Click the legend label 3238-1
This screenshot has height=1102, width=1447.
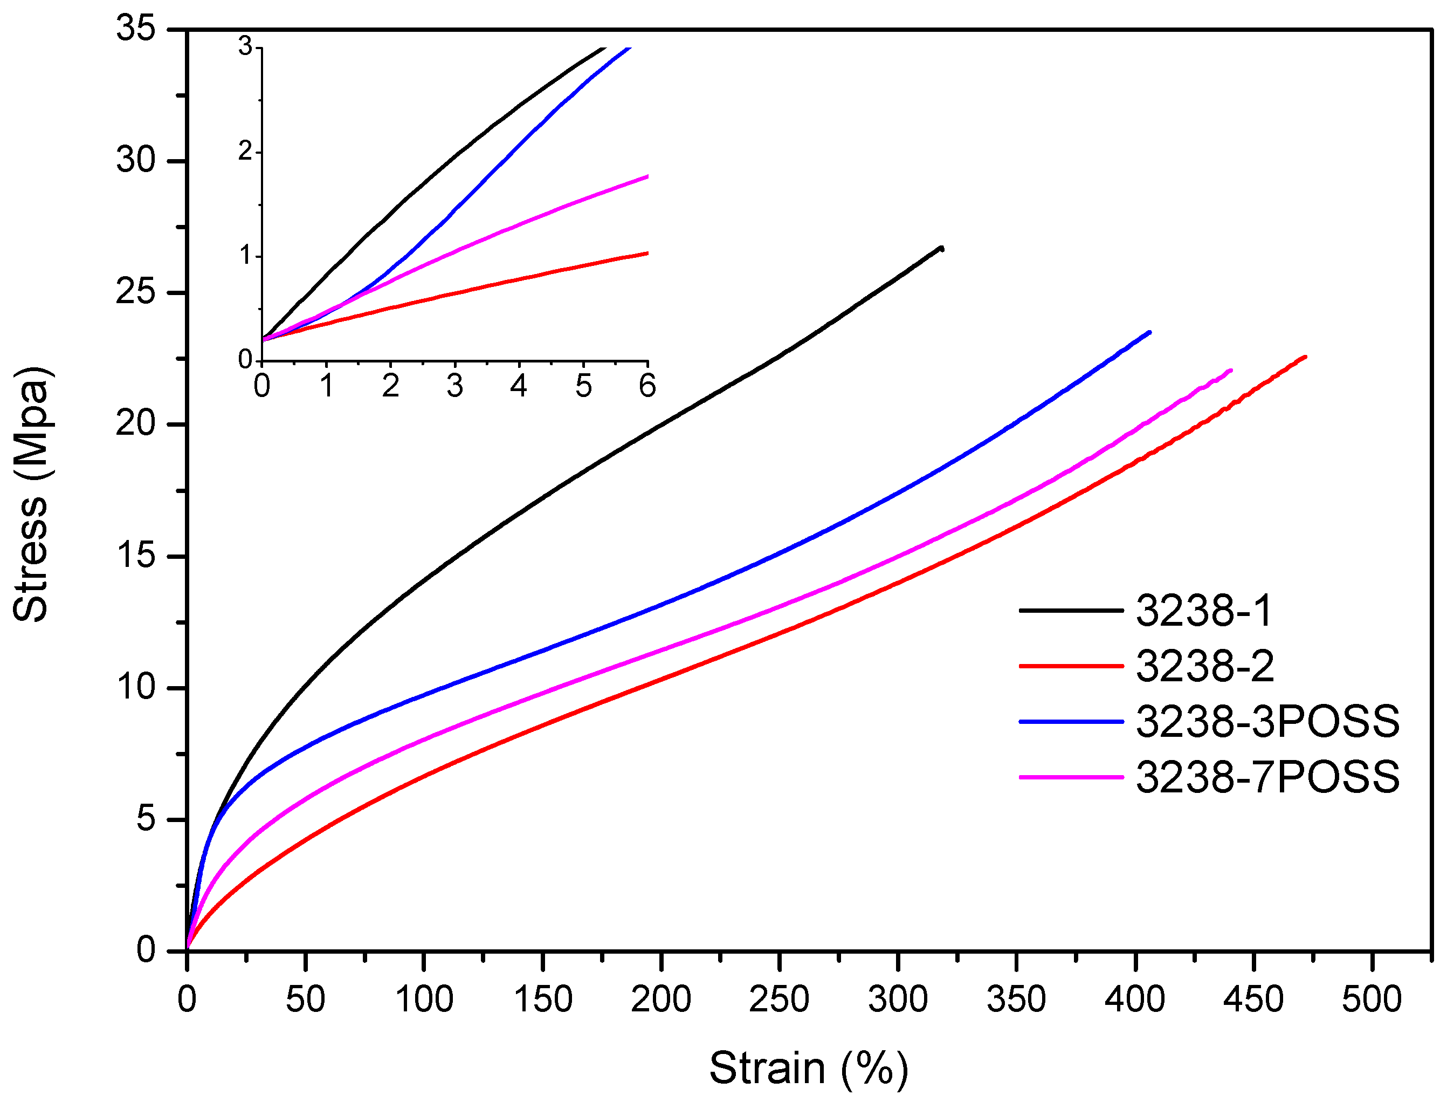pos(1203,611)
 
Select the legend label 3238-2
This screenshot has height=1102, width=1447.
pos(1204,667)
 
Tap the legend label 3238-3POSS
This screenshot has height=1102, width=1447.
pos(1267,722)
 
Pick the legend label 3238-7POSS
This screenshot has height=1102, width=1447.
pos(1267,777)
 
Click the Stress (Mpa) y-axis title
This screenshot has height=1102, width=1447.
pos(31,494)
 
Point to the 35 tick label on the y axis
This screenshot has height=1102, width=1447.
pos(136,29)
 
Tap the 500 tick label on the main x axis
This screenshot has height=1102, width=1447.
pos(1372,1000)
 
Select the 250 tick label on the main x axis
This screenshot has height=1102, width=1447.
pos(779,1000)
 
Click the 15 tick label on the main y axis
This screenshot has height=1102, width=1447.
pos(136,556)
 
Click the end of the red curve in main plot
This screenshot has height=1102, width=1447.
pos(1305,357)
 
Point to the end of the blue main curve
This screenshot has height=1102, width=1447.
pos(1149,332)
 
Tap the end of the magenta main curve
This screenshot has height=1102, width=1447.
pos(1231,371)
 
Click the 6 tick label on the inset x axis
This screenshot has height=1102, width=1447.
pos(647,386)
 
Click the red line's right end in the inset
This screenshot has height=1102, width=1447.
pos(647,253)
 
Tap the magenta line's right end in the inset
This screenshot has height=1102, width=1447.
pos(647,176)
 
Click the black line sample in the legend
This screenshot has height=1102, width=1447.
pos(1071,611)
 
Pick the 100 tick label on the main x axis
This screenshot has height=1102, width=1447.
pos(424,1000)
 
